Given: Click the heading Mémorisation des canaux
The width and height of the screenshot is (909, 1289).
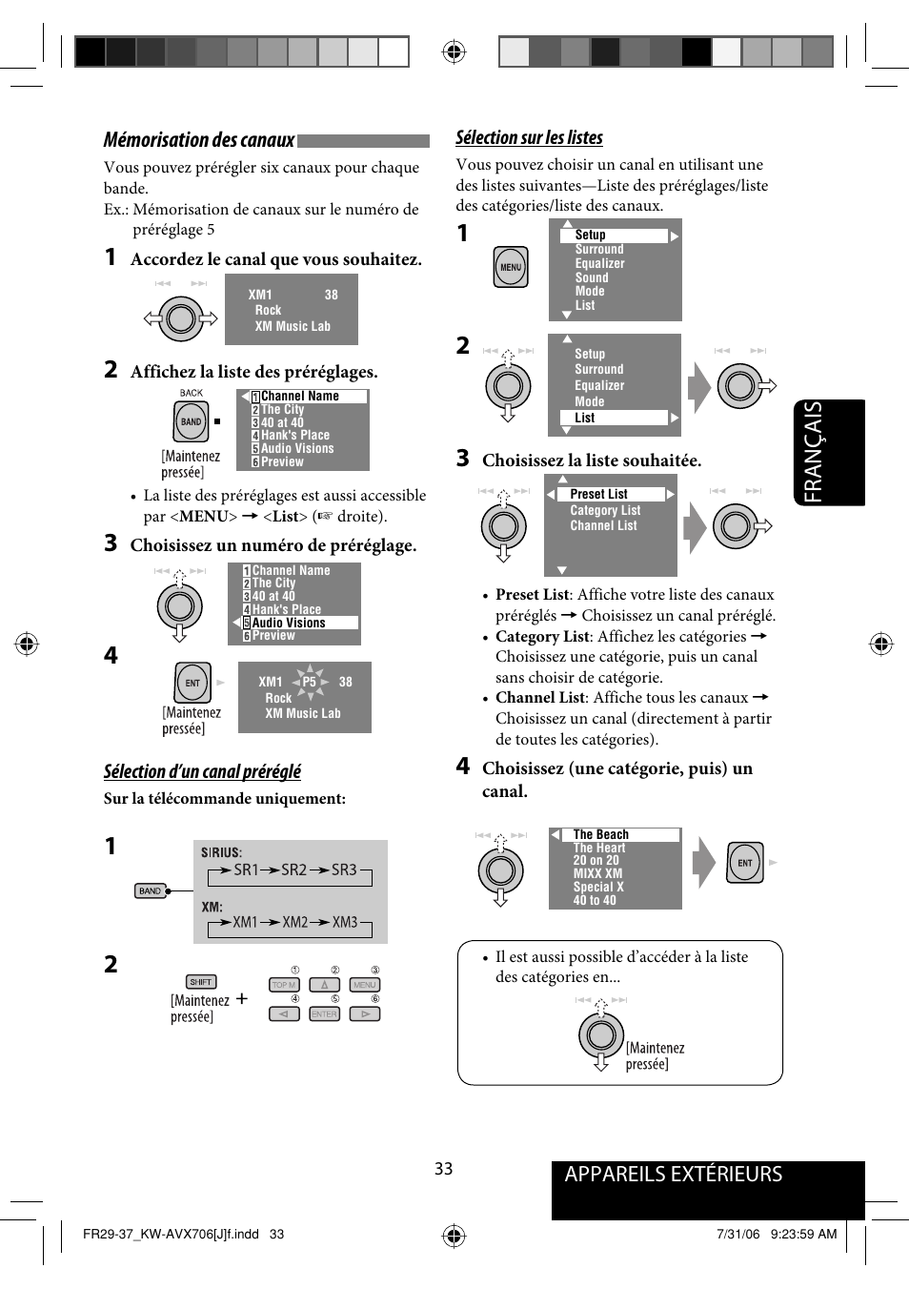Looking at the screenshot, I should [x=199, y=140].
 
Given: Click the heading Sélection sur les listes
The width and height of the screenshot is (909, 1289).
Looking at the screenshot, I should [x=529, y=137].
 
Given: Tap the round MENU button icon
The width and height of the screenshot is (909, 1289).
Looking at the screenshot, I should [x=511, y=268].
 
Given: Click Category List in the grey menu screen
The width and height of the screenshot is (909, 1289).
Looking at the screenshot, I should [x=605, y=510].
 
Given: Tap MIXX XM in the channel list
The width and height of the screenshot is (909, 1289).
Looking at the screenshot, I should [x=597, y=873].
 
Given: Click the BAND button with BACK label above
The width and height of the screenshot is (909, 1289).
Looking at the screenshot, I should [x=192, y=421].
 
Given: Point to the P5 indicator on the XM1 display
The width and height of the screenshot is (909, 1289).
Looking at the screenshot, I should [x=309, y=682].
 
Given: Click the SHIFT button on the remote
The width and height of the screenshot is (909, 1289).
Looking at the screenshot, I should [x=201, y=982].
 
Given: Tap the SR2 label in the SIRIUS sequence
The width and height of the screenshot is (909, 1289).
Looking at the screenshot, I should [x=293, y=870].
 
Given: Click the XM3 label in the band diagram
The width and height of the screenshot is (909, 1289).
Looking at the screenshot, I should [x=345, y=922].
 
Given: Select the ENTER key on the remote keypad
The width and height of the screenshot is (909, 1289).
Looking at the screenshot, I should [x=324, y=1014].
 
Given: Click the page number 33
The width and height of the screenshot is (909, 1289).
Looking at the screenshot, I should [x=444, y=1169].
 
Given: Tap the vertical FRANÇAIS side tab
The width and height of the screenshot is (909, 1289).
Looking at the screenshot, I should [x=827, y=452].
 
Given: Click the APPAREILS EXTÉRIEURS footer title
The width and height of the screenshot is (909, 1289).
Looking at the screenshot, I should [x=673, y=1175].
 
